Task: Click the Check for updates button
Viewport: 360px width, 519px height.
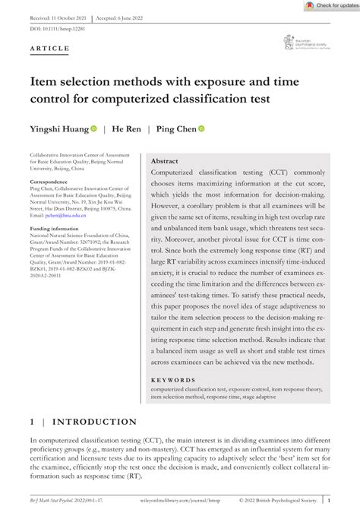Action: click(328, 5)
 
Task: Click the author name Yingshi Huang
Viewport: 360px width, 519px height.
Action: click(58, 129)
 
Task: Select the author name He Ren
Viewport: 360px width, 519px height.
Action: click(128, 129)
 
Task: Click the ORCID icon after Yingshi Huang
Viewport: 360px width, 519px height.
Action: click(94, 129)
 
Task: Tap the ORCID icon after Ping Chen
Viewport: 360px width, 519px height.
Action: click(202, 129)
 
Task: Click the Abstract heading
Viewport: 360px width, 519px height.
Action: click(165, 162)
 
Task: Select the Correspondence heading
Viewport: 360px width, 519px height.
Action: click(52, 183)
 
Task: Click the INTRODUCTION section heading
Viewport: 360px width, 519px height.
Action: click(93, 422)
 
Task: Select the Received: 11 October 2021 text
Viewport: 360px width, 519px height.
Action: click(58, 16)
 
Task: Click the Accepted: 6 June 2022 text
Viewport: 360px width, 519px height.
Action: click(126, 16)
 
